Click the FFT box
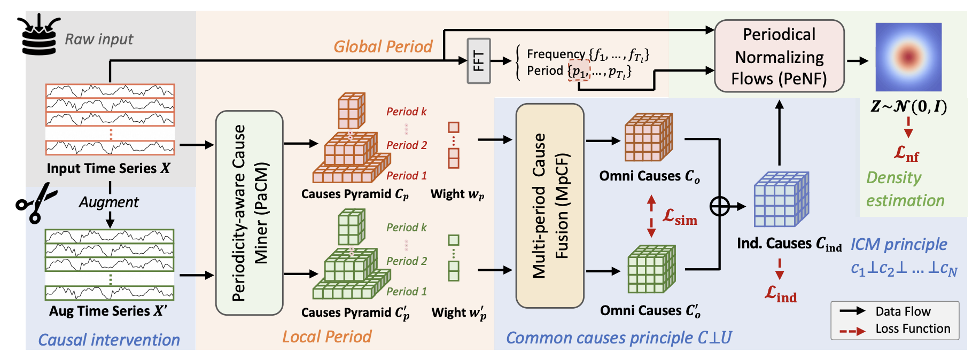[478, 61]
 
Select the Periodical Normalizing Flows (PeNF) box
[779, 56]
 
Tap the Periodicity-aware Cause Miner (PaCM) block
[249, 213]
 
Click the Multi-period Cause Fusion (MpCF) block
[549, 206]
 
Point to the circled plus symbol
[719, 206]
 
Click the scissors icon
[36, 202]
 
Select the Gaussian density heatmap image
[908, 57]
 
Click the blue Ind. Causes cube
[781, 199]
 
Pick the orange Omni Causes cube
[648, 137]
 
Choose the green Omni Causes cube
[651, 269]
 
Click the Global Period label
[383, 47]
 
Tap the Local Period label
[326, 336]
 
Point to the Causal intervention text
[109, 340]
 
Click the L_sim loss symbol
[680, 217]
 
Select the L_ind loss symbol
[780, 294]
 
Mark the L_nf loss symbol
[906, 154]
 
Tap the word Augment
[108, 202]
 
